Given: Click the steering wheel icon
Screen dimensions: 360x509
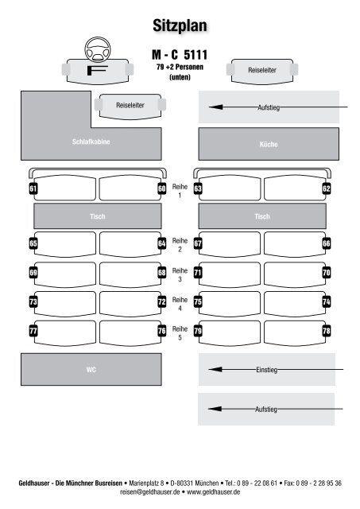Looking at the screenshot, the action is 98,49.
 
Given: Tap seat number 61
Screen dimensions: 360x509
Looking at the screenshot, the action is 33,188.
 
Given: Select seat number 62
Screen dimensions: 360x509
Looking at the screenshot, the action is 327,188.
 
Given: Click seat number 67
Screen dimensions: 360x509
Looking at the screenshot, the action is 198,243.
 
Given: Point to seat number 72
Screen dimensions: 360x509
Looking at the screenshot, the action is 162,302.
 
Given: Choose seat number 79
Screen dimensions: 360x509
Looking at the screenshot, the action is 198,331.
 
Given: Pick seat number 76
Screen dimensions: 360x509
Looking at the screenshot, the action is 162,331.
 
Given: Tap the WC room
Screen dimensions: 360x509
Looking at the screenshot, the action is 91,369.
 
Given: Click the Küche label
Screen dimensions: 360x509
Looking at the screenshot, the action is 269,144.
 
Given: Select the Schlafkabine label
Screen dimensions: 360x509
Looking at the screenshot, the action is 91,142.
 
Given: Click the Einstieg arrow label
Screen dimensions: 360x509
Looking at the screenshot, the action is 266,370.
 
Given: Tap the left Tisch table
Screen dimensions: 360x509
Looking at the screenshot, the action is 98,216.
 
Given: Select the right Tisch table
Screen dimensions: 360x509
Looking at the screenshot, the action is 262,216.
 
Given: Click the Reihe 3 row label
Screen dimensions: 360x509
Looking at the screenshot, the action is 180,274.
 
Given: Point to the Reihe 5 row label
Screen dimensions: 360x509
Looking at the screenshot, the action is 180,333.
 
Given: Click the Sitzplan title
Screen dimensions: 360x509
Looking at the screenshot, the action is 180,25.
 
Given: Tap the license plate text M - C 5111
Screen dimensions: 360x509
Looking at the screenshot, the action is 180,55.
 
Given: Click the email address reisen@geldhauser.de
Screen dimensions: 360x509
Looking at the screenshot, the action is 150,492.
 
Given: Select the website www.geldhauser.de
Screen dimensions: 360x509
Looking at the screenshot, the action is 214,492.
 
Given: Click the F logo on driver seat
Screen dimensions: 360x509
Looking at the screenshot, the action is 97,70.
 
